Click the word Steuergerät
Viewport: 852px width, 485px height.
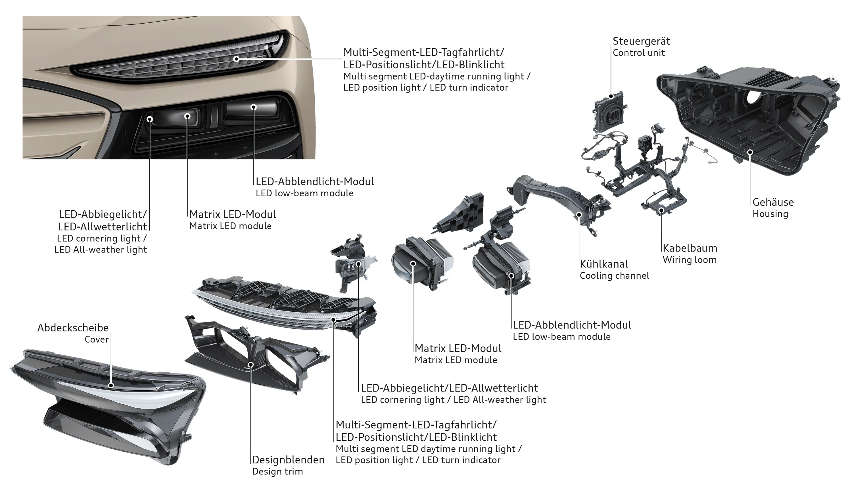click(x=641, y=41)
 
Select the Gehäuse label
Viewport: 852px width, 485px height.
click(x=773, y=202)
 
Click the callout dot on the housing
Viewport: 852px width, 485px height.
click(x=750, y=152)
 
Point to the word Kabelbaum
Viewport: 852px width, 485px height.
click(x=690, y=248)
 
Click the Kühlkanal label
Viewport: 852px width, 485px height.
click(x=603, y=264)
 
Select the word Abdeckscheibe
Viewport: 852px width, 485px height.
click(x=73, y=328)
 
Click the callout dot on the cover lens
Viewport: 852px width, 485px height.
click(x=111, y=385)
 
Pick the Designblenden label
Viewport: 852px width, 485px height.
click(x=288, y=460)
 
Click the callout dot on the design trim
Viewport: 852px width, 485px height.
click(x=251, y=365)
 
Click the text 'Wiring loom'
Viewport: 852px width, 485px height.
click(x=690, y=260)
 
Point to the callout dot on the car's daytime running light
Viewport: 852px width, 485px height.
click(x=236, y=59)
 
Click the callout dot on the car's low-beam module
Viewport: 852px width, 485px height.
click(x=254, y=107)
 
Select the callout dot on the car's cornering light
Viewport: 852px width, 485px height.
click(x=150, y=119)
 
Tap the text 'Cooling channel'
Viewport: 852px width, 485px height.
click(x=614, y=276)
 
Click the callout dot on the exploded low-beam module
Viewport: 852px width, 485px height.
click(x=511, y=276)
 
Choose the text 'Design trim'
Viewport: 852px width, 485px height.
click(x=277, y=472)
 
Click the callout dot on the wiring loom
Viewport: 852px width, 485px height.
click(x=661, y=210)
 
